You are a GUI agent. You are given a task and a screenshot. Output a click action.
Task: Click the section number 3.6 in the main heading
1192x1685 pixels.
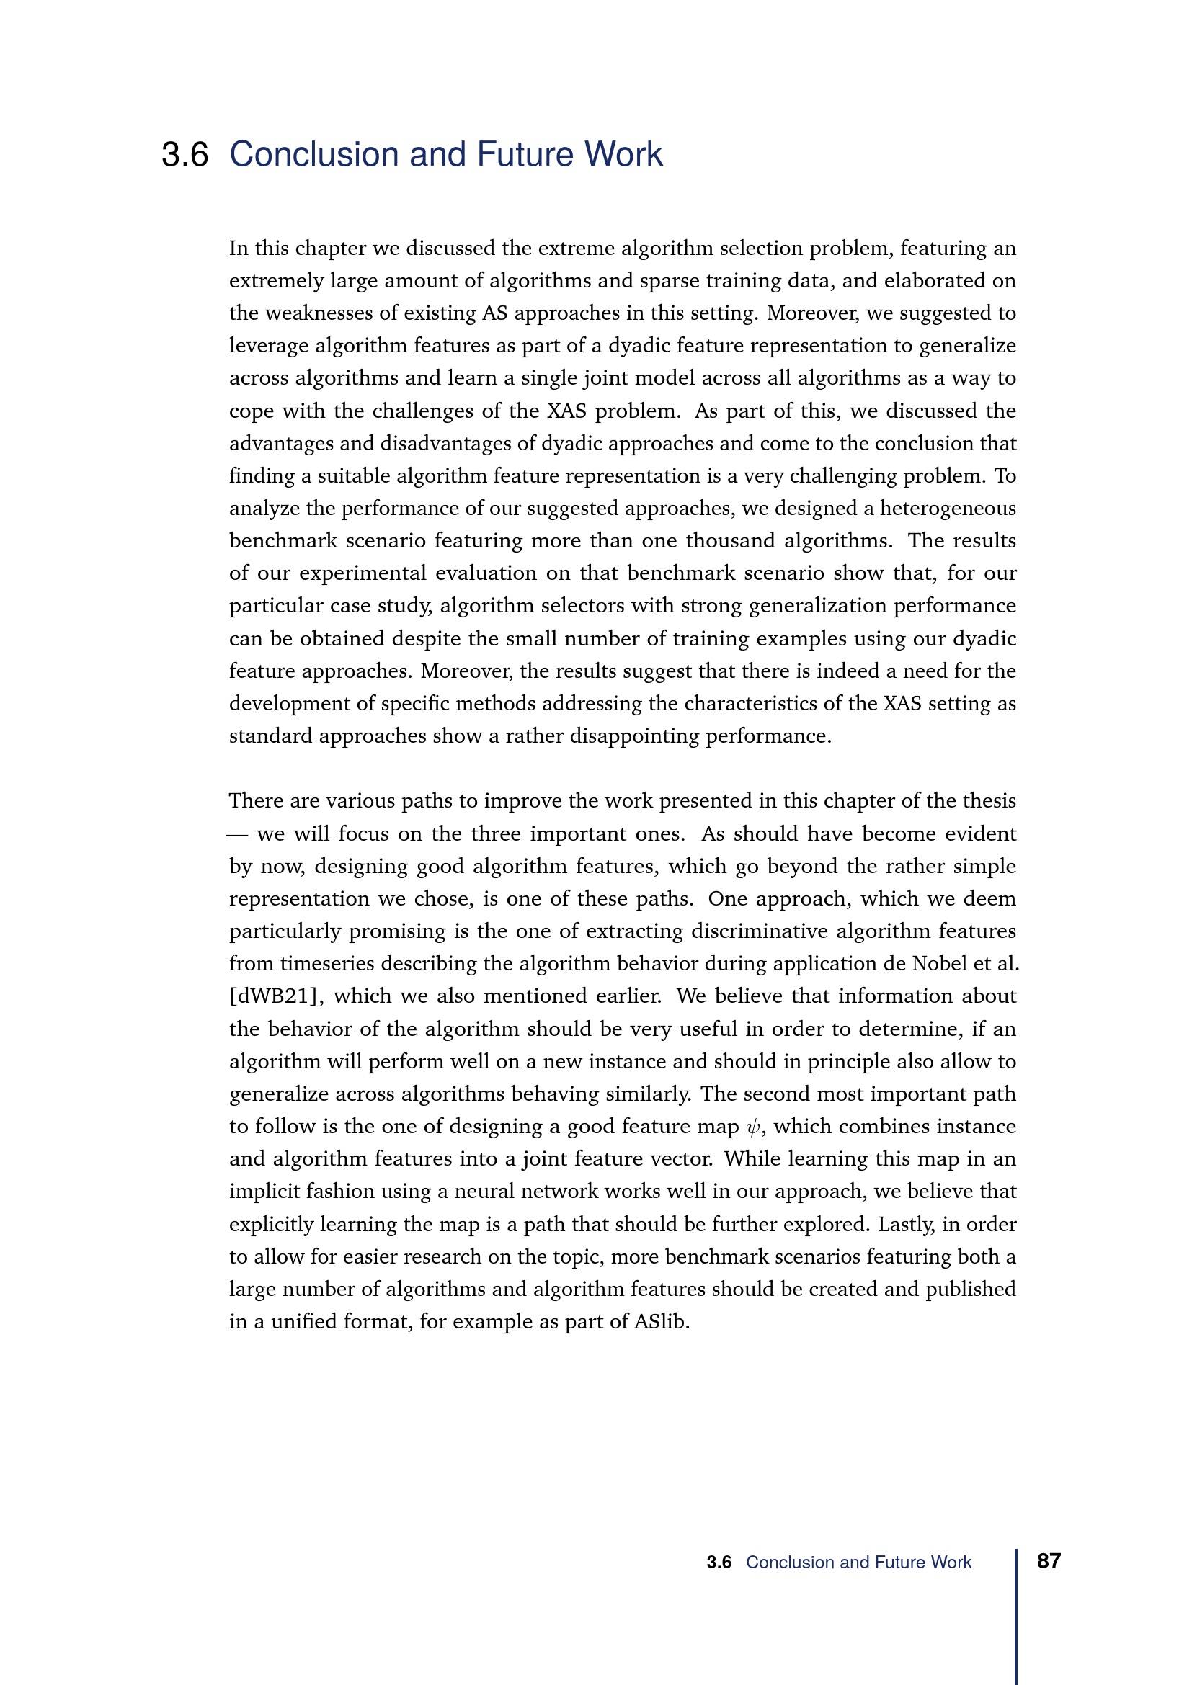[x=185, y=155]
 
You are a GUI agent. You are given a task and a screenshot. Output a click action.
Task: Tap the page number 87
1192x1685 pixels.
[x=1048, y=1561]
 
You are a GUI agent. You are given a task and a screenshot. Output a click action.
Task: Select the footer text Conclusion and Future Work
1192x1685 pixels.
[x=858, y=1563]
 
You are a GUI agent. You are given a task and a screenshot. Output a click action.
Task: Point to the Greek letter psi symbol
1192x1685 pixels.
[x=752, y=1127]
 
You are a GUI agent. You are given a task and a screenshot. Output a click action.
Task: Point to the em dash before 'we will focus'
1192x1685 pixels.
[x=237, y=834]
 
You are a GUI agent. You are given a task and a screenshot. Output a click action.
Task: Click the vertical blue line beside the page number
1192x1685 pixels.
[x=1017, y=1614]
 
